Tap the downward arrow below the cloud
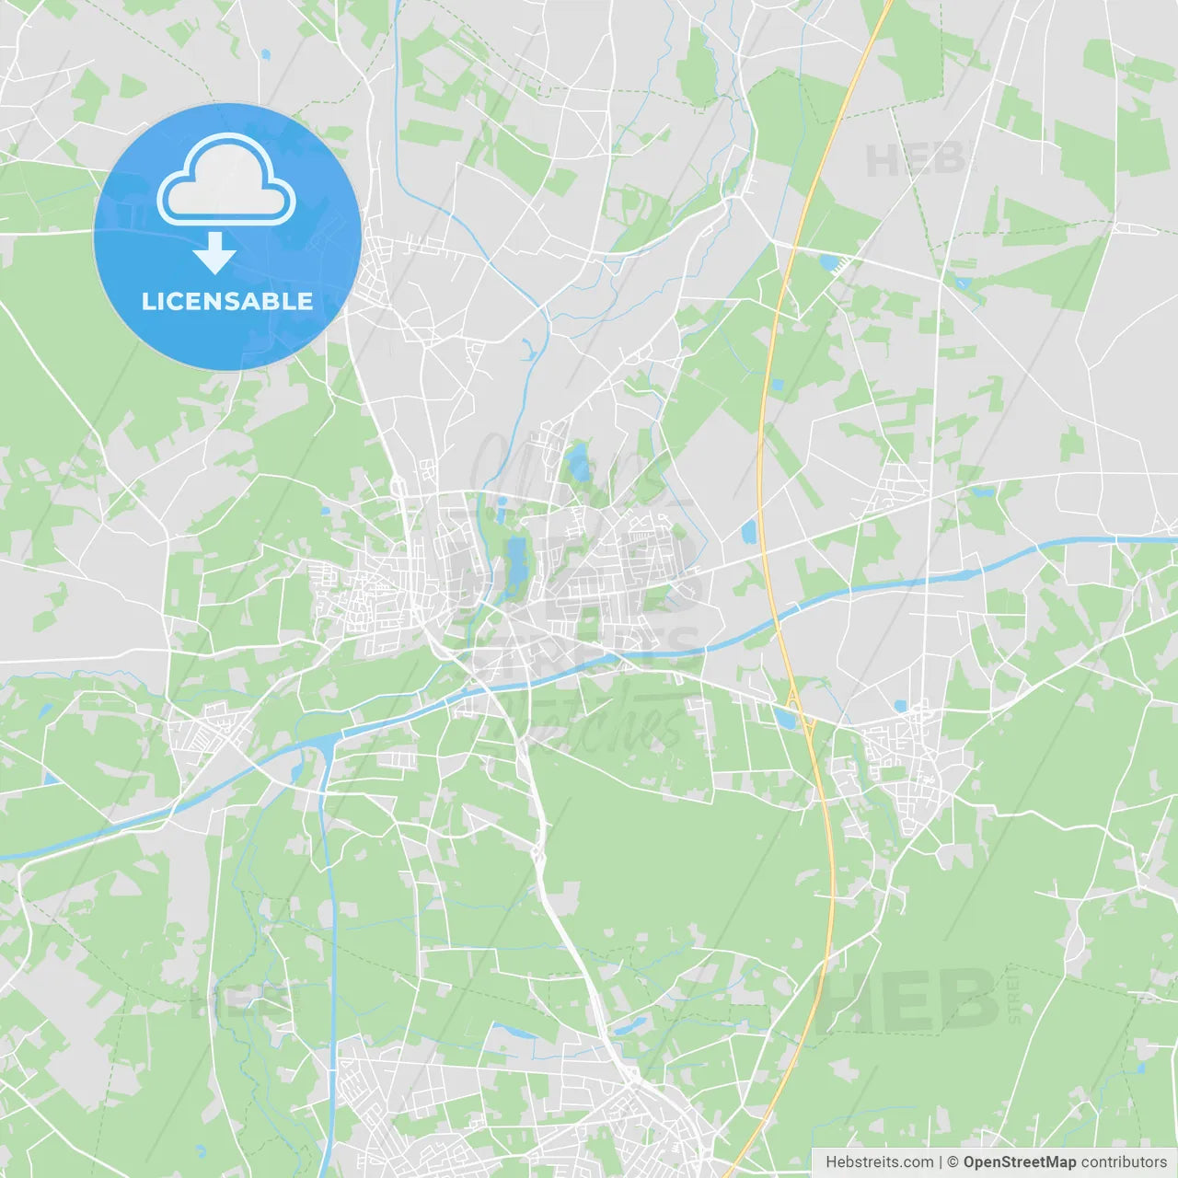click(215, 253)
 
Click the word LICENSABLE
click(226, 302)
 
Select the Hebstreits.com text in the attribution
click(879, 1162)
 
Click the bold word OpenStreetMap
click(1019, 1162)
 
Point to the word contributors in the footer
click(1124, 1162)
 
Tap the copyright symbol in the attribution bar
click(953, 1162)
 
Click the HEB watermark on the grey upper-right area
click(917, 160)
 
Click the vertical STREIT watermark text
click(1014, 995)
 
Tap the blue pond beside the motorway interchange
click(784, 718)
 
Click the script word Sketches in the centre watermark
click(589, 727)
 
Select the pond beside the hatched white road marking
click(829, 263)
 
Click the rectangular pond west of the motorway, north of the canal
click(748, 532)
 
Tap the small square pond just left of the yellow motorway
click(777, 385)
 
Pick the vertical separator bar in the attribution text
click(941, 1162)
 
